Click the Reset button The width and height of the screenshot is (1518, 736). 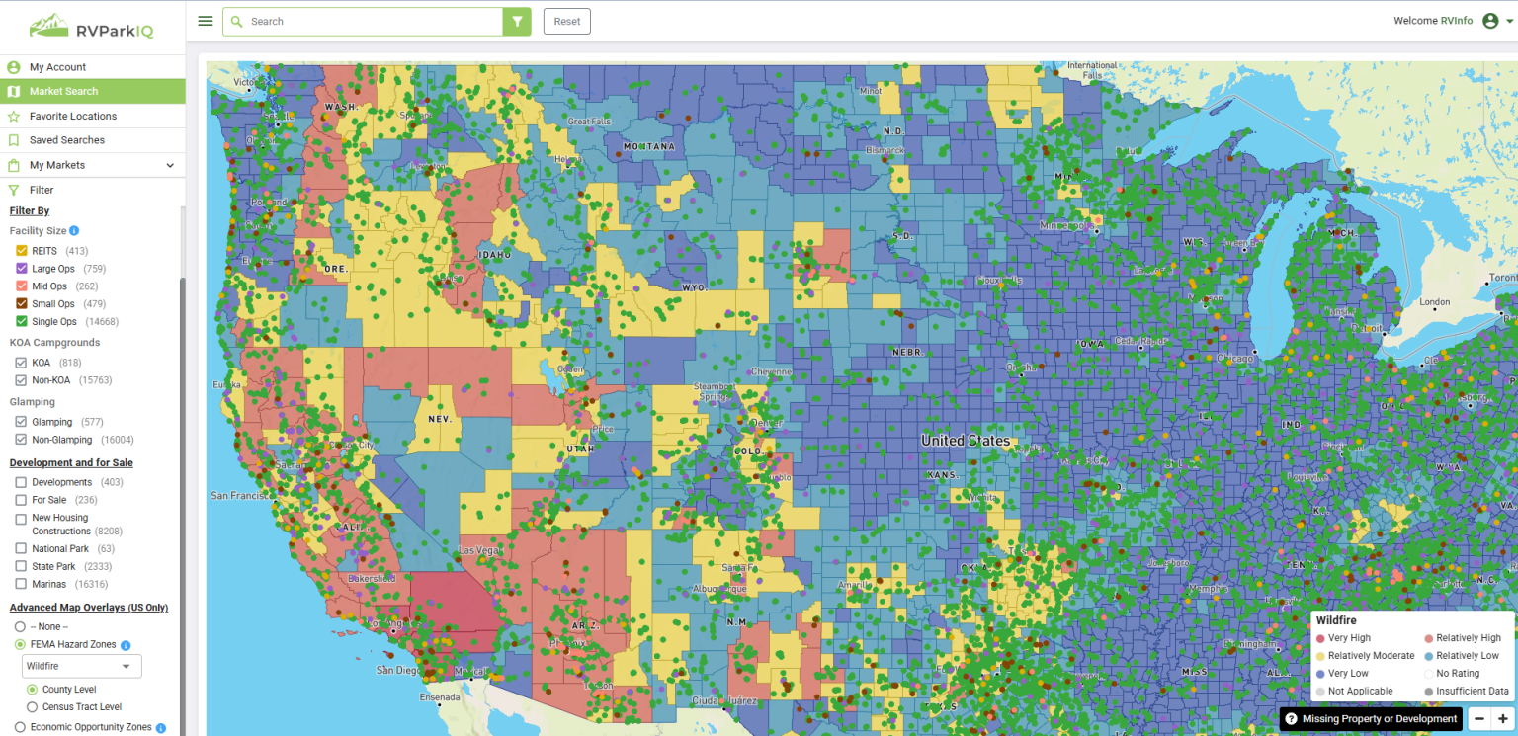point(566,22)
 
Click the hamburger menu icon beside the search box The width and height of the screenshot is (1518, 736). point(206,21)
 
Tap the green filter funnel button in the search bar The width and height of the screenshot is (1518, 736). point(517,22)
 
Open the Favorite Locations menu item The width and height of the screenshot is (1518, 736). point(72,116)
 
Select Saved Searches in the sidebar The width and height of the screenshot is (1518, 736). point(66,140)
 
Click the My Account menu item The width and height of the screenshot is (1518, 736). point(57,67)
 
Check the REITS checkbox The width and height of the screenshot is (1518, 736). point(21,251)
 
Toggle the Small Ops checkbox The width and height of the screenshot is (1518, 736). point(21,304)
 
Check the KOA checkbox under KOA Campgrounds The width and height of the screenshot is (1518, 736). point(21,363)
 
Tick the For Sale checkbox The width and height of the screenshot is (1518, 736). point(21,500)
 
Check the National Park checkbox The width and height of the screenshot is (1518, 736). point(21,548)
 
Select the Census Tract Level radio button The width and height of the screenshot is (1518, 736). point(33,707)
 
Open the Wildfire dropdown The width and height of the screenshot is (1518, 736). point(82,666)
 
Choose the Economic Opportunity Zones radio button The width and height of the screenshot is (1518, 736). point(20,727)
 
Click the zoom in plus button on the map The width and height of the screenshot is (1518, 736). point(1502,719)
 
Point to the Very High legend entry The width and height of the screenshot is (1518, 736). point(1348,638)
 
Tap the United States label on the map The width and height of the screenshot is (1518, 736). point(965,441)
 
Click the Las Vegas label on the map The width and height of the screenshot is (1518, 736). point(479,550)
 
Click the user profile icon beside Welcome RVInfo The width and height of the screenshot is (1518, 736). point(1490,21)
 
